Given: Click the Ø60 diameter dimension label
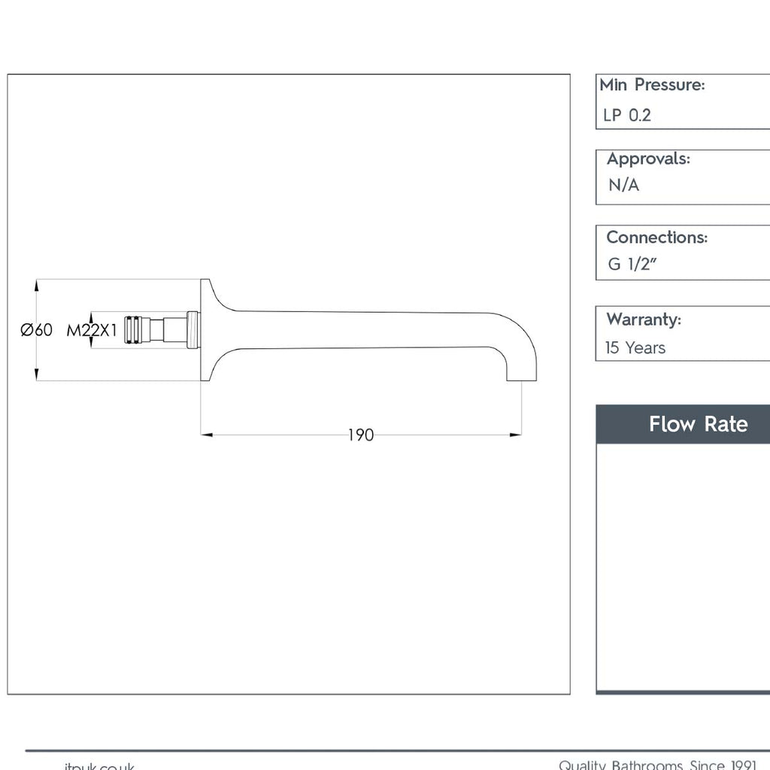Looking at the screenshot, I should (37, 330).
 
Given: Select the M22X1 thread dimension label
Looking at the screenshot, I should (92, 330).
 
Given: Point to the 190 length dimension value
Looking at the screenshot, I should (360, 435).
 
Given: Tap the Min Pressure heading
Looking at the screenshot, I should (652, 85).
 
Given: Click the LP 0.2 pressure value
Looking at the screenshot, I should (626, 116).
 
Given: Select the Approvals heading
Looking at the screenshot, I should (648, 159).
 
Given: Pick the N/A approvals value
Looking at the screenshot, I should (623, 185).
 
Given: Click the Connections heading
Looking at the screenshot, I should (656, 237).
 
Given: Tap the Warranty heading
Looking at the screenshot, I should (644, 319).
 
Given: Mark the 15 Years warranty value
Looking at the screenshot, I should (635, 348).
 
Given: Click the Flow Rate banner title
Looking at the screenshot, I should (698, 424).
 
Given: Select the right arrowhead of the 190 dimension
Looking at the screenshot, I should (516, 435).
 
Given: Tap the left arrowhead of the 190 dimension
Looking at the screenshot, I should (207, 435).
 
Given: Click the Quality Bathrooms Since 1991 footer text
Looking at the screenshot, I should (657, 764).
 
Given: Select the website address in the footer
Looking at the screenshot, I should (99, 765).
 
